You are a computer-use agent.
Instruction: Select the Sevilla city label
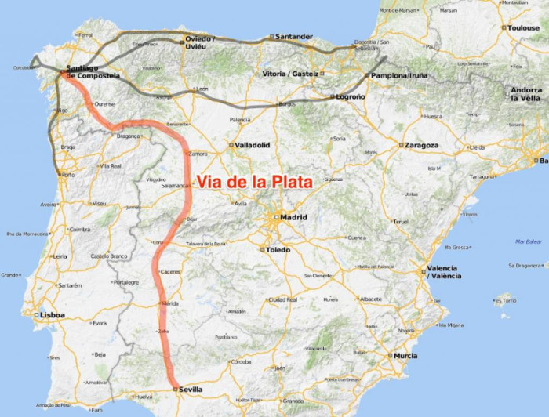pyautogui.click(x=192, y=389)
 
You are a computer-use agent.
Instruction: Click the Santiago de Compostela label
pyautogui.click(x=93, y=71)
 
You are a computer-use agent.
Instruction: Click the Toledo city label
pyautogui.click(x=278, y=250)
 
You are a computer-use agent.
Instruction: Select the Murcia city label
pyautogui.click(x=405, y=355)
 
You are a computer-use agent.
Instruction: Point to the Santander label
pyautogui.click(x=295, y=36)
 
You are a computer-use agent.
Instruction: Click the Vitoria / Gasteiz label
pyautogui.click(x=291, y=74)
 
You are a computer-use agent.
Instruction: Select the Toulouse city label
pyautogui.click(x=524, y=27)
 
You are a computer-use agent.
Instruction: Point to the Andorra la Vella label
pyautogui.click(x=526, y=93)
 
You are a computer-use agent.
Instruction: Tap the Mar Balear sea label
pyautogui.click(x=529, y=241)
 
